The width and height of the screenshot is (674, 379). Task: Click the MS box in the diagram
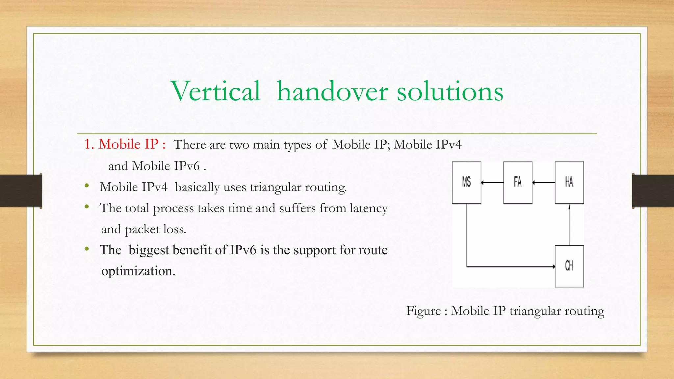[x=466, y=182]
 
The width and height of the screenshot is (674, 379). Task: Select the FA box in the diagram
[x=518, y=182]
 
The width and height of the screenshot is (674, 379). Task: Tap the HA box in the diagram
[x=569, y=182]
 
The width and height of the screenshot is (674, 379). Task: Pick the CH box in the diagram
[x=569, y=266]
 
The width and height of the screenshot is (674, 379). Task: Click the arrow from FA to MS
[x=492, y=182]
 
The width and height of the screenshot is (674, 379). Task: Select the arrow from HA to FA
[x=544, y=182]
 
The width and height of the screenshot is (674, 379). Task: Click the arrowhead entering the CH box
[x=554, y=266]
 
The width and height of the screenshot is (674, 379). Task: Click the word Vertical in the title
[x=216, y=91]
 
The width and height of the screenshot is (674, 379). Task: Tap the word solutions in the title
[x=450, y=91]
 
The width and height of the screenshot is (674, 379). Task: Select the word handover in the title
[x=332, y=91]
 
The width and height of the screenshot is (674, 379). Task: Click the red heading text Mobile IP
[x=128, y=144]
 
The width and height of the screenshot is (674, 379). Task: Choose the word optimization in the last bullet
[x=138, y=271]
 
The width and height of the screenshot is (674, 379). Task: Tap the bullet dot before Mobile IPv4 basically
[x=87, y=186]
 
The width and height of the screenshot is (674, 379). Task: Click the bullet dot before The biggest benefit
[x=87, y=249]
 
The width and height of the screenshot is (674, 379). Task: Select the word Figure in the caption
[x=423, y=311]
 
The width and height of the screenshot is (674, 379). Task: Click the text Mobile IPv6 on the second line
[x=166, y=166]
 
